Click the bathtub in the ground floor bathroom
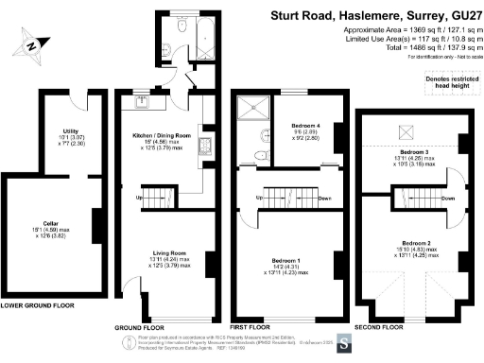pos(204,37)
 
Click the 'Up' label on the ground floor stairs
pos(140,197)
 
